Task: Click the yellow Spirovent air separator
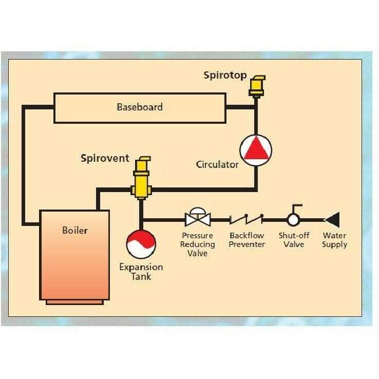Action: tap(140, 177)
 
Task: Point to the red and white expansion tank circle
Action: tap(141, 244)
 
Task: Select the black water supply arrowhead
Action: tap(331, 220)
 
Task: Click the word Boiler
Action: tap(75, 230)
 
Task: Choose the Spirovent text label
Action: tap(105, 158)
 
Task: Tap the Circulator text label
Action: tap(217, 165)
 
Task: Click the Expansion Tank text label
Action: tap(141, 272)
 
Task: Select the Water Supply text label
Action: tap(334, 240)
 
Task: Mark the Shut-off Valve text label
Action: tap(293, 240)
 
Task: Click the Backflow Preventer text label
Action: tap(247, 240)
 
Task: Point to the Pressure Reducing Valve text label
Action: tap(197, 244)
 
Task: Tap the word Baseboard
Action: tap(140, 107)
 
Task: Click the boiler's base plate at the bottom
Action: tap(74, 302)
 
